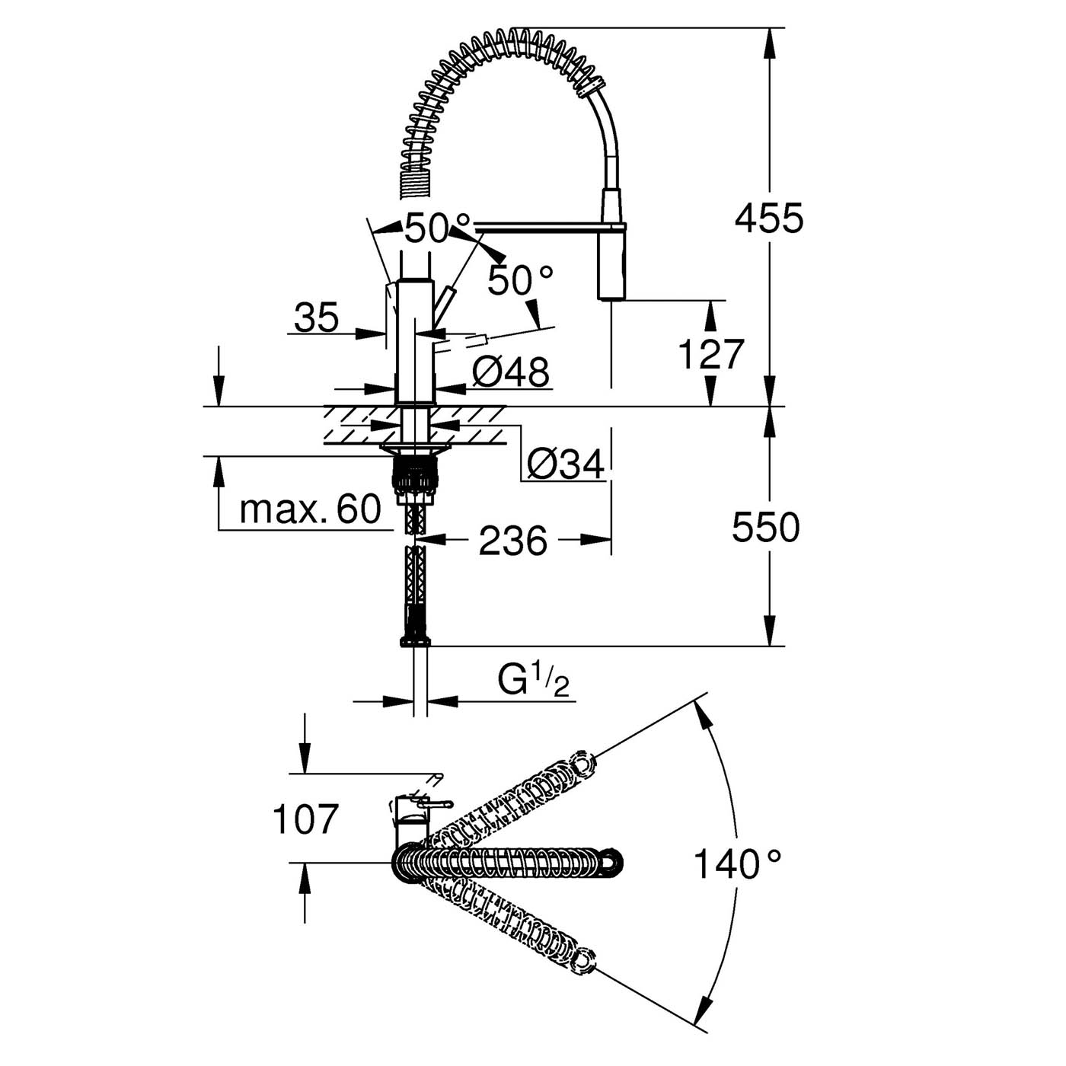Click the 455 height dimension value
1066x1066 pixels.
click(x=768, y=219)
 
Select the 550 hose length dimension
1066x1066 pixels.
click(x=765, y=527)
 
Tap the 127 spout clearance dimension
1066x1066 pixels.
click(x=710, y=355)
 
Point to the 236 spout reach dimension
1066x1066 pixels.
click(x=512, y=541)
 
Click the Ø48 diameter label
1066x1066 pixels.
click(x=510, y=372)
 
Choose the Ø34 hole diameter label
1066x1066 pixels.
click(x=565, y=463)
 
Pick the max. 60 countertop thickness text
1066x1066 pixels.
click(x=310, y=509)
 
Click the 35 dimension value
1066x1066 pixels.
click(x=316, y=318)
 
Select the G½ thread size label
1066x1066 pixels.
click(x=533, y=680)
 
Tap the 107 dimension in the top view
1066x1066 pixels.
click(x=305, y=819)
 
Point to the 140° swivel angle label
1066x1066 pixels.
click(x=736, y=864)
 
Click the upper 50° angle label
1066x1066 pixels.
click(x=437, y=228)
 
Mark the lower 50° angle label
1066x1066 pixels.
click(x=520, y=281)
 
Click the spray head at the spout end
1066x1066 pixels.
click(x=613, y=266)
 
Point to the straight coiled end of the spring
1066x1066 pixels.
click(x=410, y=184)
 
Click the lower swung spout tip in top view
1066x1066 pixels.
click(x=585, y=960)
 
